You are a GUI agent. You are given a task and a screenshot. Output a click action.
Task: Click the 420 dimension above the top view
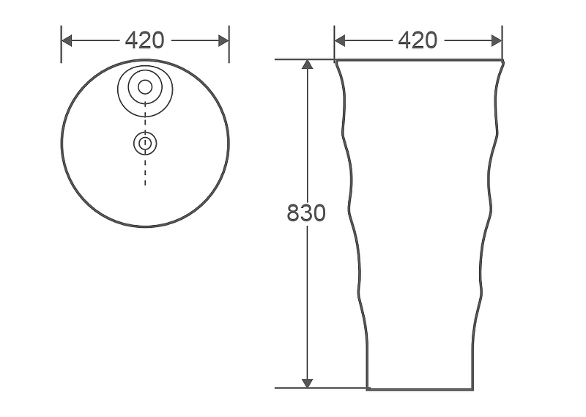pyautogui.click(x=144, y=40)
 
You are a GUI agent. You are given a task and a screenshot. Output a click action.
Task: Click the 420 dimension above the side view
pyautogui.click(x=418, y=40)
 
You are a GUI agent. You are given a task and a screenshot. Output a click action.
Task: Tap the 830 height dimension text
pyautogui.click(x=306, y=213)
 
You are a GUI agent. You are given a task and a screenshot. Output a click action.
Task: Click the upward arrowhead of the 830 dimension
pyautogui.click(x=307, y=64)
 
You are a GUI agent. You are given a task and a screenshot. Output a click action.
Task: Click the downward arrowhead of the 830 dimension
pyautogui.click(x=307, y=383)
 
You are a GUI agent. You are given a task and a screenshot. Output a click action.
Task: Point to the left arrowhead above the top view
pyautogui.click(x=67, y=41)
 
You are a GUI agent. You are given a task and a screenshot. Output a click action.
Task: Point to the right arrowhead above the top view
pyautogui.click(x=223, y=41)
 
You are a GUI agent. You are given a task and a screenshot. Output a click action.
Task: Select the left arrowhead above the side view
pyautogui.click(x=340, y=41)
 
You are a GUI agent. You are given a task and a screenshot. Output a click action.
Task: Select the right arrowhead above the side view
pyautogui.click(x=497, y=41)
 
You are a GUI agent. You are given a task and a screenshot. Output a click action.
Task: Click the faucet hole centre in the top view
pyautogui.click(x=145, y=87)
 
